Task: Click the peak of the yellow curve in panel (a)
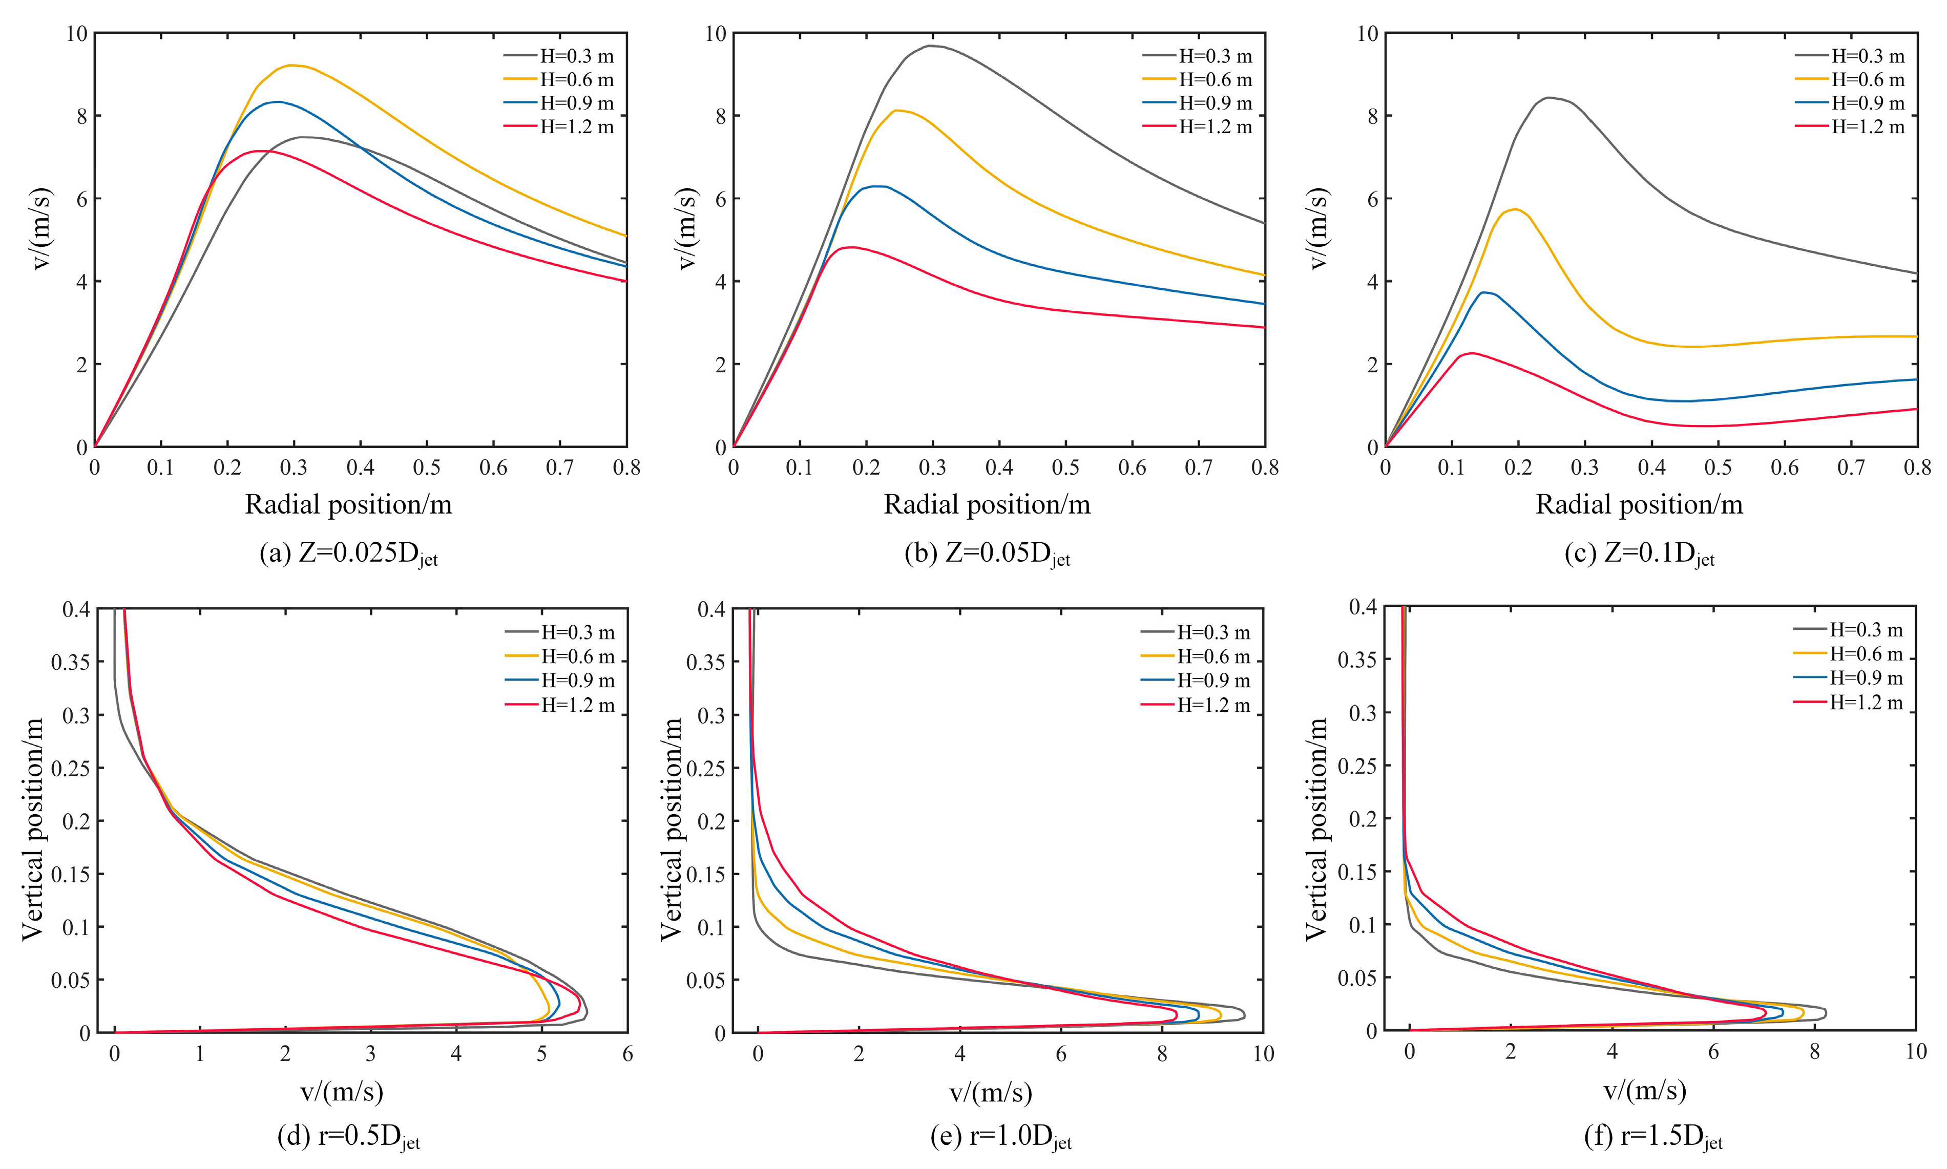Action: [x=291, y=66]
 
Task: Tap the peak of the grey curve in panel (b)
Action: [x=930, y=46]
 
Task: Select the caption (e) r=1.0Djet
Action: [x=1001, y=1137]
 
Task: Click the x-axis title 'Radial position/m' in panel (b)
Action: [x=987, y=504]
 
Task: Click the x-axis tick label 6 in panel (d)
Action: [x=627, y=1054]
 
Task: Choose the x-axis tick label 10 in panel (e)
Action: [x=1263, y=1054]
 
